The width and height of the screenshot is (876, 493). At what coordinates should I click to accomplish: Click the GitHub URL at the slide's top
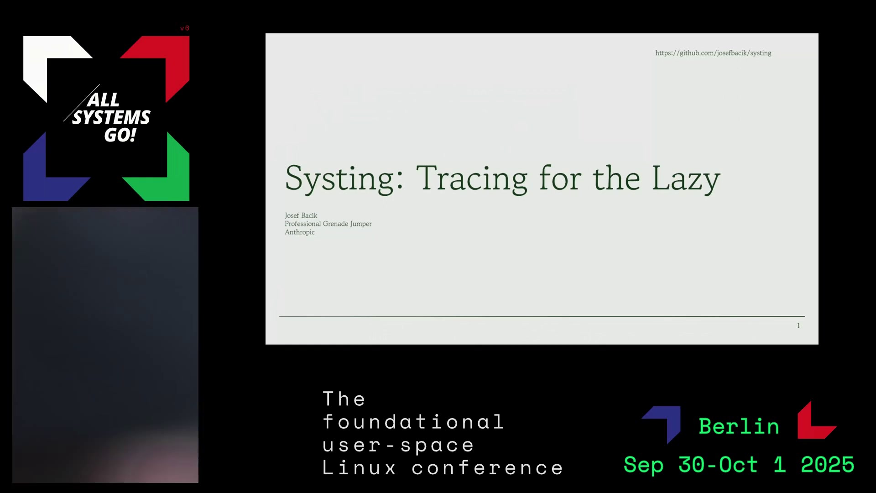coord(713,53)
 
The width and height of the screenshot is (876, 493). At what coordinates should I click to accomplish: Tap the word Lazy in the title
coord(686,179)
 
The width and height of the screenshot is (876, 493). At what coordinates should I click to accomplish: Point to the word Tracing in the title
coord(472,179)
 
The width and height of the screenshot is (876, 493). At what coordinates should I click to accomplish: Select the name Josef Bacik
coord(301,215)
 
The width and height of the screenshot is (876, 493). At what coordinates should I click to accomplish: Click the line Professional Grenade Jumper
coord(328,224)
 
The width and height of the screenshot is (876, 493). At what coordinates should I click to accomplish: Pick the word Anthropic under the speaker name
coord(299,232)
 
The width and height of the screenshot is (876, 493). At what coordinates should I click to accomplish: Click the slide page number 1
coord(798,326)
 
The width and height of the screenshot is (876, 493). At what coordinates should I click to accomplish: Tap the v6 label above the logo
coord(184,28)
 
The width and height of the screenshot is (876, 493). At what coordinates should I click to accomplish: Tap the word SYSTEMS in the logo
coord(111,117)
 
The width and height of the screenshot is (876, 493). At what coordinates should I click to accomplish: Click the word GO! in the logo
coord(120,135)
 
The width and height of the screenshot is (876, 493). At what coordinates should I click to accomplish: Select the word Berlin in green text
coord(739,426)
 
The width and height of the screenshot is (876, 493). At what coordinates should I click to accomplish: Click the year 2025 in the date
coord(827,465)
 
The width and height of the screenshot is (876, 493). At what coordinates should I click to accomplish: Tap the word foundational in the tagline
coord(413,422)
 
